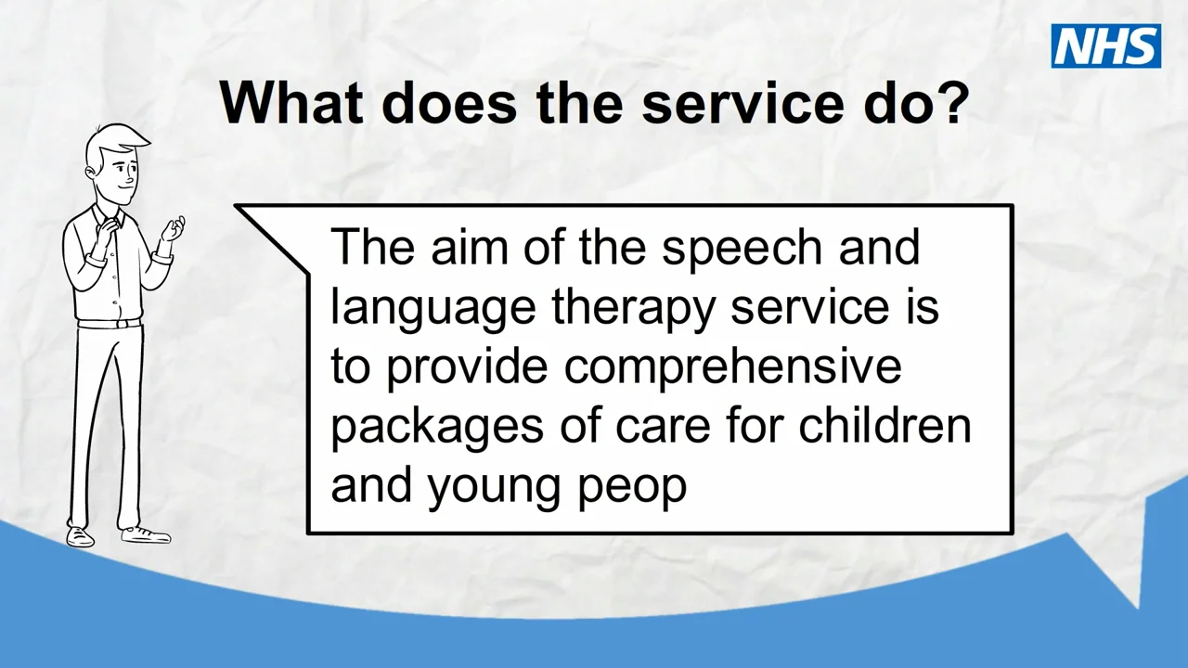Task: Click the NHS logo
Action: point(1105,46)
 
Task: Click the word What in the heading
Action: point(291,102)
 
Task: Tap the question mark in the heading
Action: point(949,102)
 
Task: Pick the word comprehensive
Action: point(733,367)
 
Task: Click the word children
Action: point(885,425)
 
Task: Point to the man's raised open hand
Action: point(172,228)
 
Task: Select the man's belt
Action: point(110,324)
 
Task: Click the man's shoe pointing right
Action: point(146,534)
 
